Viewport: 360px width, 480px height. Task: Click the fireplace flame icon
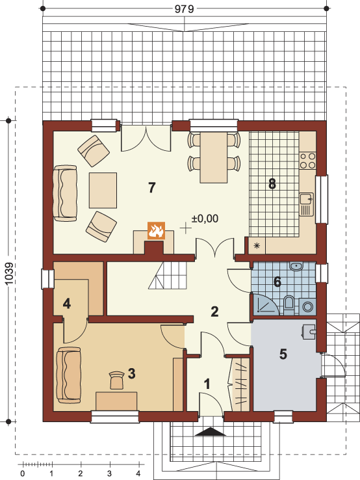click(156, 230)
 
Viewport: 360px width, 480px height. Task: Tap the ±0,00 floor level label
click(205, 219)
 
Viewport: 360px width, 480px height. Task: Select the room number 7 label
click(151, 187)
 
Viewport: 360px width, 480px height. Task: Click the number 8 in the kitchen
click(272, 184)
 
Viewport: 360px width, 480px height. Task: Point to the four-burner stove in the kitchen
click(307, 161)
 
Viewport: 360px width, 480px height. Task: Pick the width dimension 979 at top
click(185, 9)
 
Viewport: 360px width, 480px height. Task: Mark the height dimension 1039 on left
click(10, 273)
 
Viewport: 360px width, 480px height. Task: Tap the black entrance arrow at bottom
click(211, 432)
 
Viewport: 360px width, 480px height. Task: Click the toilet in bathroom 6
click(289, 304)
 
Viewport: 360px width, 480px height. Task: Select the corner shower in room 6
click(265, 304)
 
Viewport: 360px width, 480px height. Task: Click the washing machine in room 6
click(307, 306)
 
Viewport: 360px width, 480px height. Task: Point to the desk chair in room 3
click(116, 380)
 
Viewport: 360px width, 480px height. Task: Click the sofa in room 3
click(69, 375)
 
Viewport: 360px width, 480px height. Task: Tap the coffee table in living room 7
click(103, 191)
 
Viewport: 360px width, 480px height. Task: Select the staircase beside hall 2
click(168, 276)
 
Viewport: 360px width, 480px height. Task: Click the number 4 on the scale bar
click(138, 473)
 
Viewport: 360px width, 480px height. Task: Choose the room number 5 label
click(283, 354)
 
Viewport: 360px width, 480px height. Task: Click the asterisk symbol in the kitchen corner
click(257, 245)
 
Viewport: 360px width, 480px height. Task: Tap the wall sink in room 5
click(309, 332)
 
